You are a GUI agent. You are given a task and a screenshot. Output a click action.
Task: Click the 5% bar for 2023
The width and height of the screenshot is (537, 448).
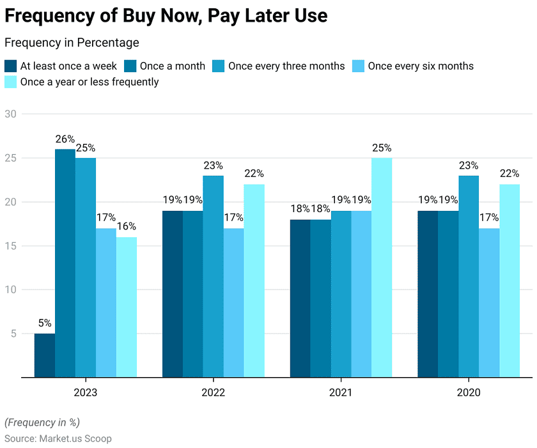coord(45,355)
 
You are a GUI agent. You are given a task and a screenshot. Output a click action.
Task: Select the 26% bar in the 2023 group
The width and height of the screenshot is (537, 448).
coord(65,263)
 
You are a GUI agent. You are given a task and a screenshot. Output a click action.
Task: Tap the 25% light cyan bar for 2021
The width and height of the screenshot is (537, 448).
coord(382,267)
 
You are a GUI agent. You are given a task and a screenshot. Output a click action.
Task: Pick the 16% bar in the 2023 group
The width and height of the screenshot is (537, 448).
coord(127,307)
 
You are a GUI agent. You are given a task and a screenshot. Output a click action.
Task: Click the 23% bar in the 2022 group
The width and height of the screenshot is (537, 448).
coord(214,276)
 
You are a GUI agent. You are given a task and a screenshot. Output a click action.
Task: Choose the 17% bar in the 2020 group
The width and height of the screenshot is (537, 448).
coord(489,302)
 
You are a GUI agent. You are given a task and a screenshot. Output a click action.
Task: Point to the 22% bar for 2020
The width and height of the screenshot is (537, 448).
coord(510,281)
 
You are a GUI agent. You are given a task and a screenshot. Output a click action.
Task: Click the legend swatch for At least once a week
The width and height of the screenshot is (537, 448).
coord(11,66)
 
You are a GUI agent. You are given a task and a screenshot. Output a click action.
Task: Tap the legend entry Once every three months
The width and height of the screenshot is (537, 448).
coord(286,66)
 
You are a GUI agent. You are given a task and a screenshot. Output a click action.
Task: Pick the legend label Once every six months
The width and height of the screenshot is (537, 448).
coord(421,66)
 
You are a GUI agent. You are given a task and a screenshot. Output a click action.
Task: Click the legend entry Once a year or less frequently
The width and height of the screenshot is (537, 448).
coord(89,82)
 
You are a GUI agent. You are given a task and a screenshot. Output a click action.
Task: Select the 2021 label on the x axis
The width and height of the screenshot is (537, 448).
coord(341,392)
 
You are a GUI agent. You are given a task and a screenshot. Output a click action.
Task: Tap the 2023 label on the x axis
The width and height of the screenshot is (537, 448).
coord(86,392)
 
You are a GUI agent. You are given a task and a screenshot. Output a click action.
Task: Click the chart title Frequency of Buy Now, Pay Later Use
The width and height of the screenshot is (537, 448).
coord(166,16)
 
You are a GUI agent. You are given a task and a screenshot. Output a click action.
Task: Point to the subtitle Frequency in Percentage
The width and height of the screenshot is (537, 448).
coord(72,43)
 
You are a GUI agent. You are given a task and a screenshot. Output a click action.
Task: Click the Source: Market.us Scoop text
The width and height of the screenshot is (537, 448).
coord(58,438)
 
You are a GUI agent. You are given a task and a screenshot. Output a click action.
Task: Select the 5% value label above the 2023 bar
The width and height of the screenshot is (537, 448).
coord(45,323)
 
